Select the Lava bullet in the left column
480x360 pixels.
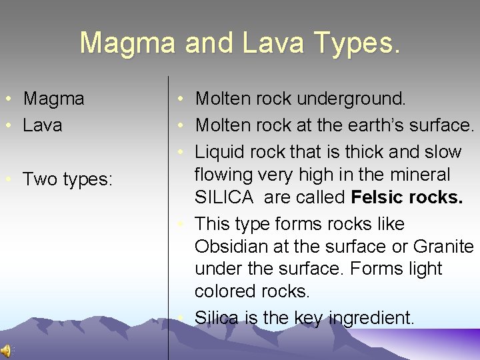[x=43, y=125]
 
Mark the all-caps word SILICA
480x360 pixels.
[x=224, y=197]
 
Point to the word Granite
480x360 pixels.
[x=443, y=247]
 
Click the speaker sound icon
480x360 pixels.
[x=6, y=351]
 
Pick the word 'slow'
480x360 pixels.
[x=443, y=152]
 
